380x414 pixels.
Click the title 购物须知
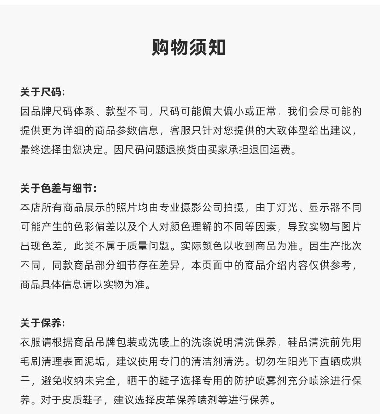[x=189, y=48]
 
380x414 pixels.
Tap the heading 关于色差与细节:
[x=58, y=188]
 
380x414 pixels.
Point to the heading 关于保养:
[x=42, y=323]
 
